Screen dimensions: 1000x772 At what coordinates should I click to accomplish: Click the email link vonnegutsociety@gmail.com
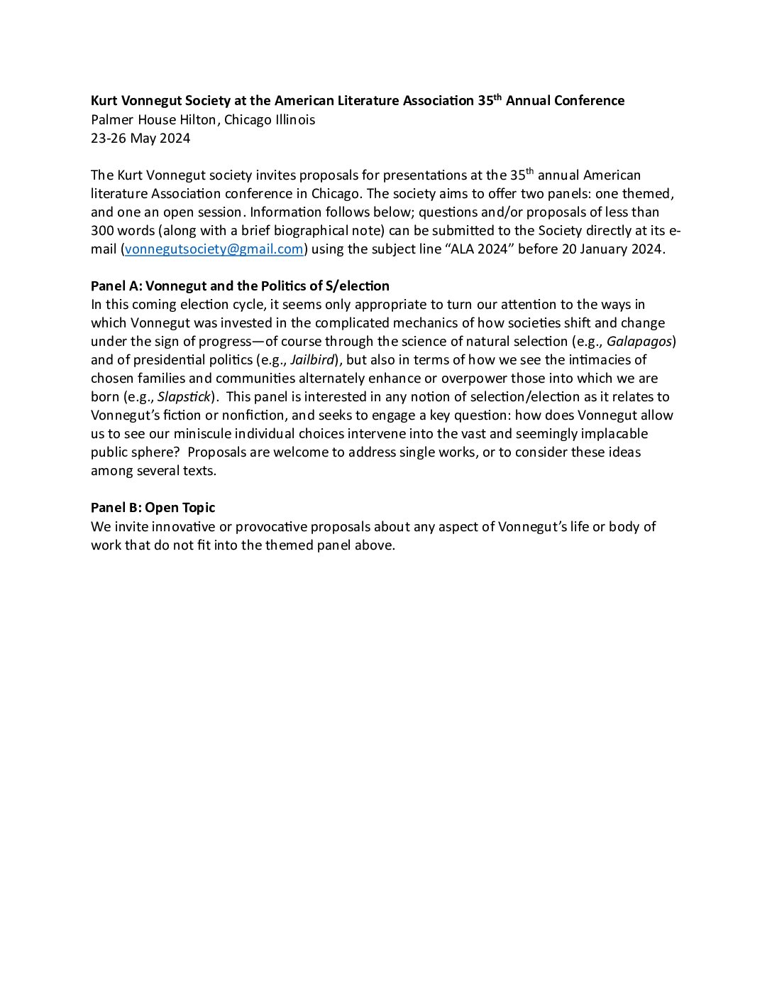(x=214, y=249)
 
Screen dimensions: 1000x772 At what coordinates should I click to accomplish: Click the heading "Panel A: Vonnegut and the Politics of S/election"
(x=240, y=286)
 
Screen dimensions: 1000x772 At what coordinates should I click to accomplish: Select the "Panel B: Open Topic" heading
(x=153, y=508)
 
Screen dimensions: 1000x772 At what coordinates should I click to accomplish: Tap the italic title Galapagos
(x=639, y=342)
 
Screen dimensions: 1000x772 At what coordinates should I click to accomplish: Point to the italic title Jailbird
(x=312, y=360)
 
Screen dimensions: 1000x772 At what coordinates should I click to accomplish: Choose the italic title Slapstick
(x=184, y=397)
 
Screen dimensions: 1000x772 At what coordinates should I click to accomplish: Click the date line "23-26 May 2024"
(x=140, y=138)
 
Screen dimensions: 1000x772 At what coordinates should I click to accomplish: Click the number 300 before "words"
(x=103, y=231)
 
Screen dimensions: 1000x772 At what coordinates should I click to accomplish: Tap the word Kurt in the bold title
(x=104, y=101)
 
